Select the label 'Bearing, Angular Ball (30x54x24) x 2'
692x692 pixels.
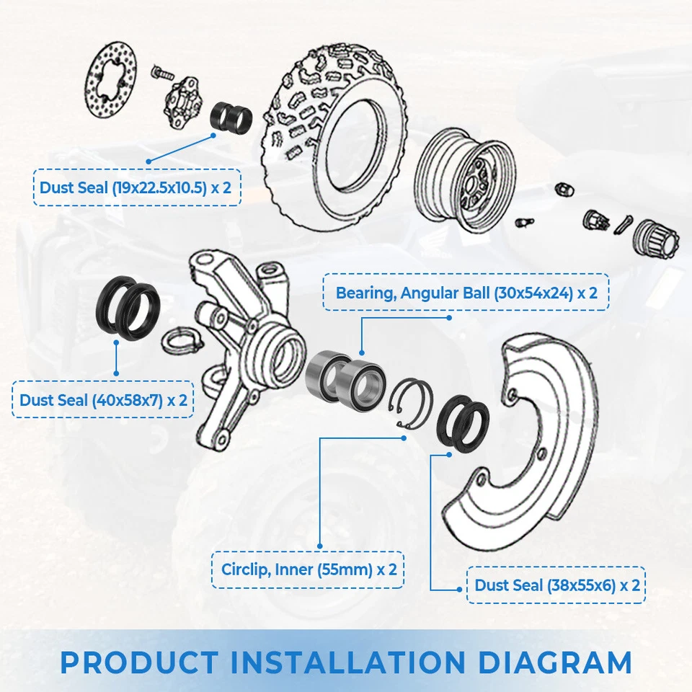tap(466, 293)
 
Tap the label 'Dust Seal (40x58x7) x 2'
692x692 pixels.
tap(103, 399)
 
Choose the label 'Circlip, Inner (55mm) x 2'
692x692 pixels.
tap(309, 569)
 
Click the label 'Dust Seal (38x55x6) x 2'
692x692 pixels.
tap(556, 585)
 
